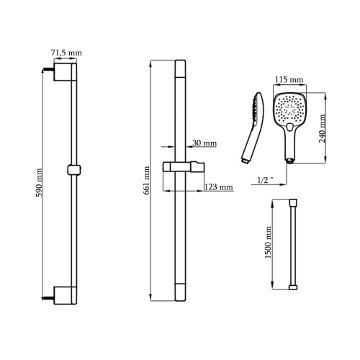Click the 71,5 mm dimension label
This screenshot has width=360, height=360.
pyautogui.click(x=66, y=53)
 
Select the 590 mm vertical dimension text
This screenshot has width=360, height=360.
pyautogui.click(x=39, y=183)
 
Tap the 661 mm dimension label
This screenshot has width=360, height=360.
pyautogui.click(x=147, y=181)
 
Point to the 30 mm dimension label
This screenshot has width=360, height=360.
pyautogui.click(x=204, y=143)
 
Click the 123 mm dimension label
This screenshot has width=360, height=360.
pyautogui.click(x=219, y=186)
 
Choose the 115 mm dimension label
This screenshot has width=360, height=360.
pyautogui.click(x=289, y=79)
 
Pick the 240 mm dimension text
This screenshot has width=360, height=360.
pyautogui.click(x=323, y=129)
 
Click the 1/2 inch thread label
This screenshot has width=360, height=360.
pyautogui.click(x=266, y=180)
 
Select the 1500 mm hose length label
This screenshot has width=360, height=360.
pyautogui.click(x=268, y=243)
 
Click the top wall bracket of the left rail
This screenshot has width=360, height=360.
pyautogui.click(x=63, y=72)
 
